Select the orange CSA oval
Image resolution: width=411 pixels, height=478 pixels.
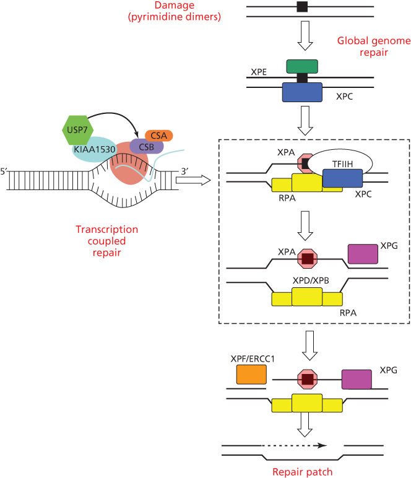pos(158,135)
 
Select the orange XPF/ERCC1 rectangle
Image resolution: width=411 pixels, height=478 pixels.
pos(251,375)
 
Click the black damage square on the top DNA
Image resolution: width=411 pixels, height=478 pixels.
pos(301,7)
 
